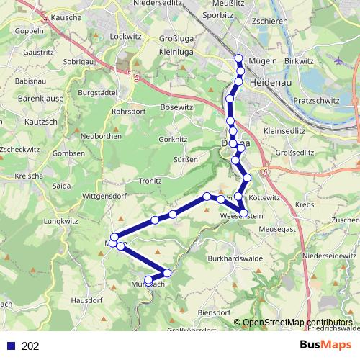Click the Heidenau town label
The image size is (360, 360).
[x=270, y=84]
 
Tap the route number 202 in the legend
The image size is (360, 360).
[x=30, y=346]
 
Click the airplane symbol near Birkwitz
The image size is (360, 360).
[x=339, y=60]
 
